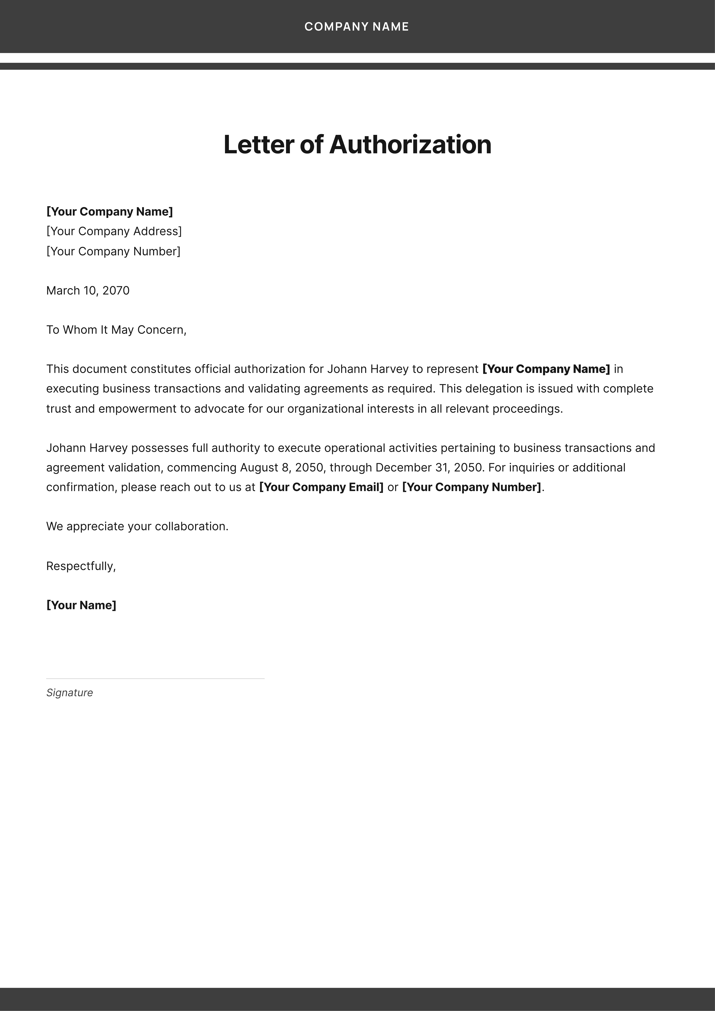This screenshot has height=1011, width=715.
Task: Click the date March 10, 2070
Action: click(x=88, y=291)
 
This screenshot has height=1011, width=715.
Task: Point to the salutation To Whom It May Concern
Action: click(x=116, y=330)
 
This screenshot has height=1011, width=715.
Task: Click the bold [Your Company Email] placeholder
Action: click(x=321, y=487)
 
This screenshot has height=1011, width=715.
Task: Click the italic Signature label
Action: click(x=70, y=693)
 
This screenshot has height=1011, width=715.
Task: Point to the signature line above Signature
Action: click(x=155, y=679)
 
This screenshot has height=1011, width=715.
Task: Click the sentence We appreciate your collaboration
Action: click(x=137, y=527)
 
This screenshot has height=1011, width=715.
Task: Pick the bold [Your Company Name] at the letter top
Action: click(x=109, y=212)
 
